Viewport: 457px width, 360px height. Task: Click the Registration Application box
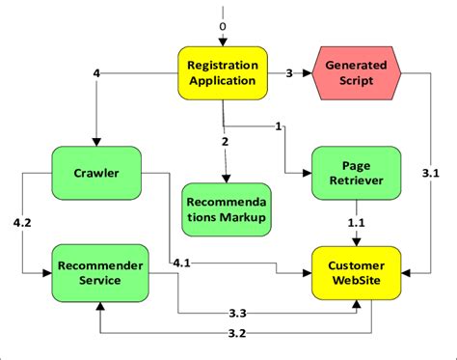[x=224, y=73]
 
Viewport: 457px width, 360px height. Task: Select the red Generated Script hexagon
[x=356, y=73]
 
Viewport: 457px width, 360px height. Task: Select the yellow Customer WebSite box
[x=356, y=272]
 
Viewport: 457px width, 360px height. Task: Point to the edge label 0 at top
[x=224, y=27]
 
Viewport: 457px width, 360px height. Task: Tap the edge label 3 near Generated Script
[x=288, y=73]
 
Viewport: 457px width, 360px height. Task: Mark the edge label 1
[x=279, y=126]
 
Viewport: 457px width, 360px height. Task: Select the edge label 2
[x=225, y=142]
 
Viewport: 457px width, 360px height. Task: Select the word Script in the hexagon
[x=356, y=82]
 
